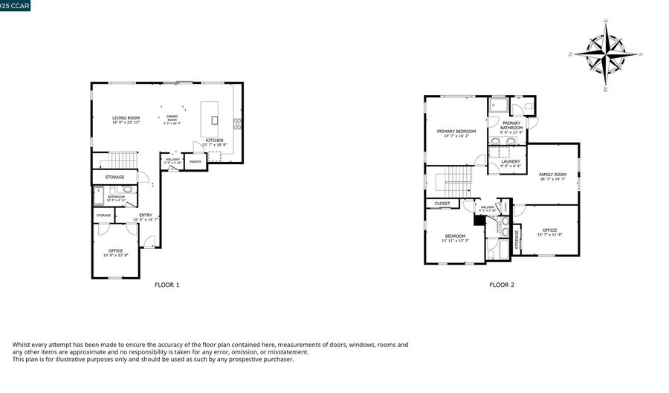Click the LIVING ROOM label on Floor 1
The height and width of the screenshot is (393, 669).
(126, 118)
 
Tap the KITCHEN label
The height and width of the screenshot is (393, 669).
(214, 140)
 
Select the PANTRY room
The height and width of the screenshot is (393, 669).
(195, 161)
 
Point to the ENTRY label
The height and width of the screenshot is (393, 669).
(146, 215)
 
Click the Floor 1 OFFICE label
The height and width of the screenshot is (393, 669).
(115, 251)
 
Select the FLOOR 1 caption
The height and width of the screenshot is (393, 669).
(167, 285)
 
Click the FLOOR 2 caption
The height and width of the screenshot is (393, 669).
(501, 285)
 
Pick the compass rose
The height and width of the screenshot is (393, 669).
(607, 54)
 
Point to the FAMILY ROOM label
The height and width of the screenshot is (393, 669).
(552, 175)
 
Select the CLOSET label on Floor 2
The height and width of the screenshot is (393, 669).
(442, 203)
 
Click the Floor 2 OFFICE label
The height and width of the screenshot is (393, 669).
(549, 230)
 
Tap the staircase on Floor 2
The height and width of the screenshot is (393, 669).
(457, 179)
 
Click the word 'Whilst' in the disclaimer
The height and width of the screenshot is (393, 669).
(22, 345)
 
